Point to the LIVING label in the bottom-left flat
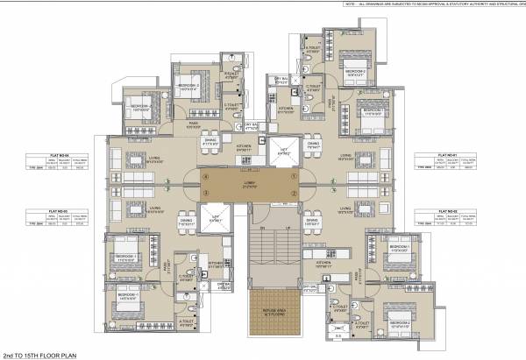[154, 208]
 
